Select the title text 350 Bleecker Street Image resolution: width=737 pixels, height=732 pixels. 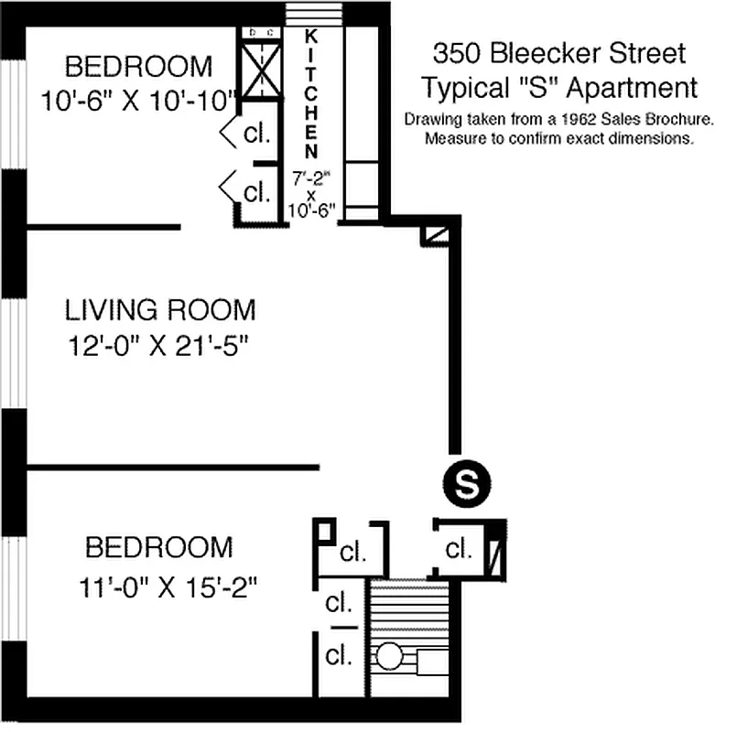tap(558, 54)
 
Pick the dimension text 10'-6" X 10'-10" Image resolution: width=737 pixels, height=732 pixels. tap(139, 99)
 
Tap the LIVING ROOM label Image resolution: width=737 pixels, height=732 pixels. tap(160, 310)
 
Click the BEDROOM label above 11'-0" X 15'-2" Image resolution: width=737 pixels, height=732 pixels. tap(158, 548)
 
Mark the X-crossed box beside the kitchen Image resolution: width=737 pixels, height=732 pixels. tap(259, 70)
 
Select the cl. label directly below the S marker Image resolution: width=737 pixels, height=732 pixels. tap(459, 550)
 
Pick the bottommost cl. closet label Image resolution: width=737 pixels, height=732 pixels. tap(340, 656)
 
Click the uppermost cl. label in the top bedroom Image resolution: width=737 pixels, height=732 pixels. tap(257, 135)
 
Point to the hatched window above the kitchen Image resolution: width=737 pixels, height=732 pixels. tap(311, 15)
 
